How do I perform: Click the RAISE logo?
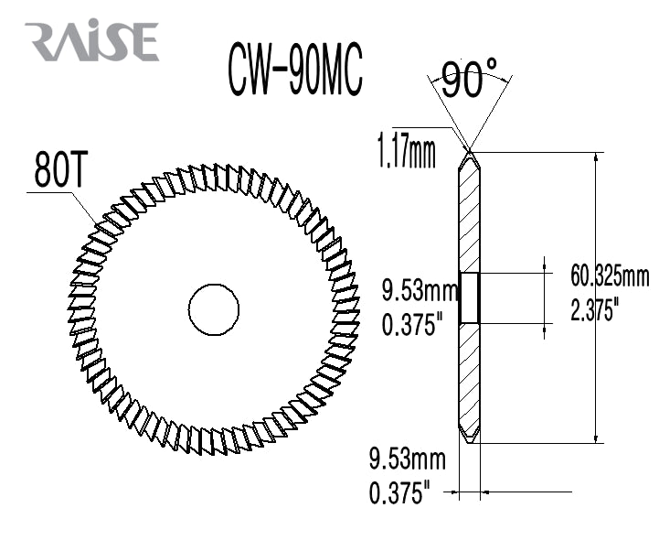pos(92,42)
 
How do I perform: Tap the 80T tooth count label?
pos(61,170)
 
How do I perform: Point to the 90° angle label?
pos(468,80)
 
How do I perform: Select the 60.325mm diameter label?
pos(609,275)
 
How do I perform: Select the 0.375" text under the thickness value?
pos(399,493)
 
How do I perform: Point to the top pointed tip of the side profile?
pos(470,153)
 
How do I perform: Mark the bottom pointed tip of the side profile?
pos(470,444)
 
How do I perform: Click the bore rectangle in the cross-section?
pos(469,297)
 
